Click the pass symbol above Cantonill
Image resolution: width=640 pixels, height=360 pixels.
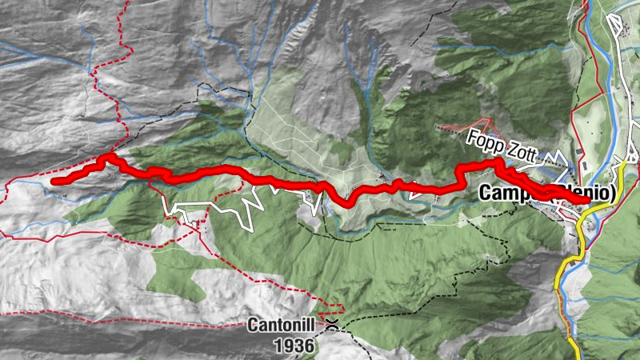(x=331, y=325)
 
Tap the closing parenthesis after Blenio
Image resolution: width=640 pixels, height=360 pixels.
(x=615, y=193)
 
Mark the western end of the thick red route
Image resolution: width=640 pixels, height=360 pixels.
(x=54, y=182)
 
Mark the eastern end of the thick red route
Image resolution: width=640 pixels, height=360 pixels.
(x=589, y=201)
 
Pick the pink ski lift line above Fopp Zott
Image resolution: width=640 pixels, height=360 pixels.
(x=464, y=127)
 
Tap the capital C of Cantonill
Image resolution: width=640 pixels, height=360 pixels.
(x=252, y=326)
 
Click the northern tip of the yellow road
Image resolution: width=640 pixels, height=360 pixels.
(x=623, y=163)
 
